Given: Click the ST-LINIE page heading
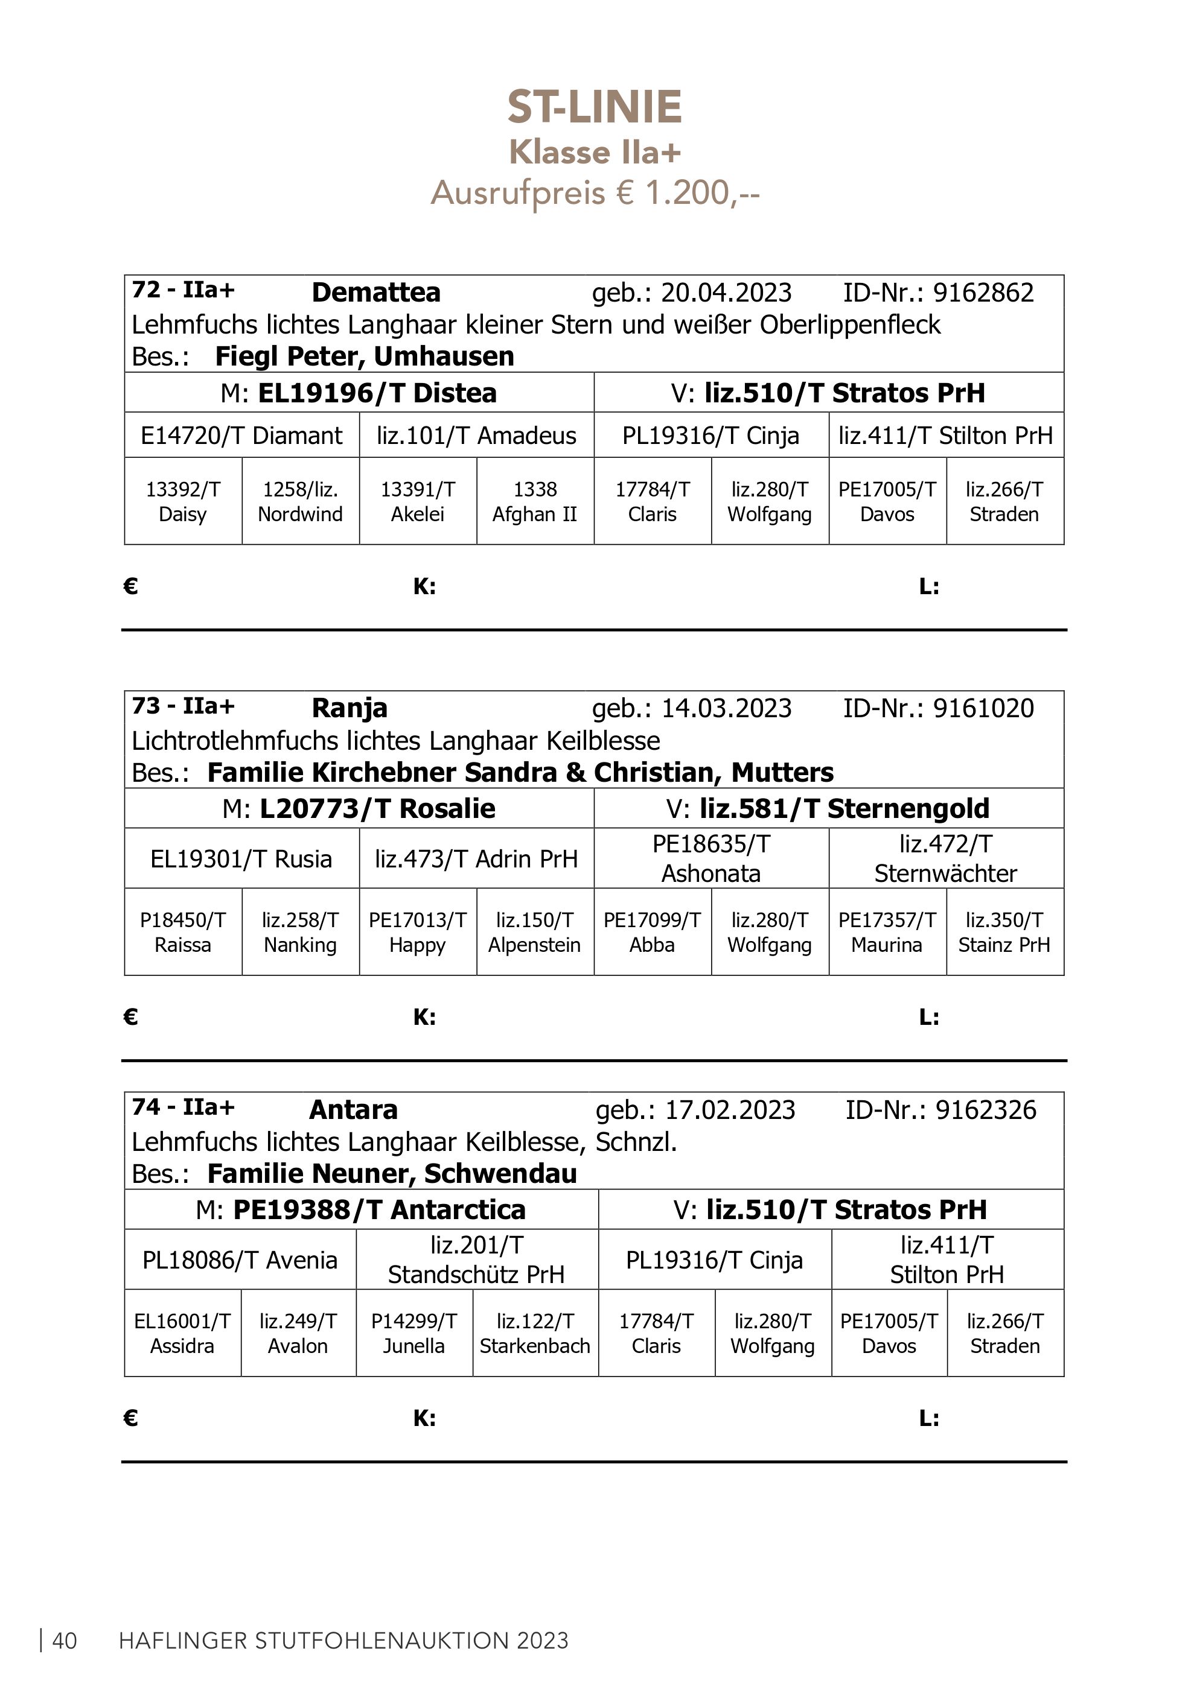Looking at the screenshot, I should pos(595,107).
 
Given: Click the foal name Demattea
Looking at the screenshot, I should pos(375,293).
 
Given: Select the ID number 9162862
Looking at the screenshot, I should pos(983,293).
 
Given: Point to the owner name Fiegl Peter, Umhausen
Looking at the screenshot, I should pos(365,356).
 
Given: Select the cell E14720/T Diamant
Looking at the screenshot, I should pos(241,436).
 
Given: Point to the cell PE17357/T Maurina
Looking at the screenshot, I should pos(887,932).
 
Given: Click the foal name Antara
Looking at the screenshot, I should pos(353,1110).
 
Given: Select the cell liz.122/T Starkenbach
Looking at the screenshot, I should pos(535,1334).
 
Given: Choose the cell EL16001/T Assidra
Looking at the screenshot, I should pos(182,1334).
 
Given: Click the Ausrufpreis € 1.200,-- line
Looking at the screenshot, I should pos(595,194).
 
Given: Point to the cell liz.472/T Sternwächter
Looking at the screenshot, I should pos(946,858).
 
